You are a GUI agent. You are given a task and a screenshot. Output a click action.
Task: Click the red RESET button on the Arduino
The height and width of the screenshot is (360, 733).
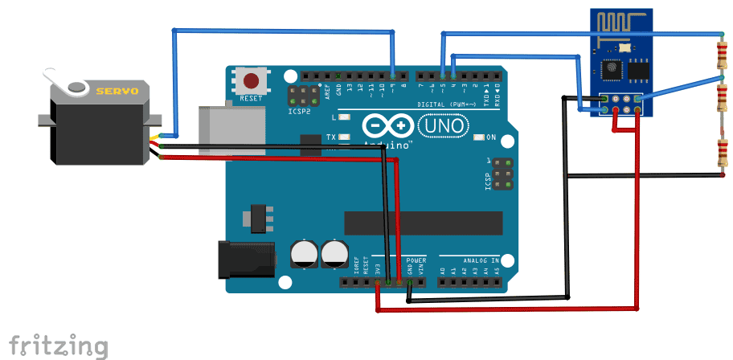(252, 82)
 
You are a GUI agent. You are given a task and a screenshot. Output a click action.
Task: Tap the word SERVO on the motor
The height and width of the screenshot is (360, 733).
(117, 92)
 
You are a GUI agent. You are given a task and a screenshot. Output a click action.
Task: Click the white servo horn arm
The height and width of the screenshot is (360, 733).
(64, 82)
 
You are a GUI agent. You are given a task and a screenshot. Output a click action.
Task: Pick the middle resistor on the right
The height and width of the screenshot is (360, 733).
(720, 101)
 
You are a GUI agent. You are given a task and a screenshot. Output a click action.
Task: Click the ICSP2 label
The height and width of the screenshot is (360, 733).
(298, 112)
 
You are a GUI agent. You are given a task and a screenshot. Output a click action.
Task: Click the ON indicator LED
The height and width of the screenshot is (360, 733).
(480, 137)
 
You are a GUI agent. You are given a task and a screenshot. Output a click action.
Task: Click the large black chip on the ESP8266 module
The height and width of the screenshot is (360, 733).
(638, 71)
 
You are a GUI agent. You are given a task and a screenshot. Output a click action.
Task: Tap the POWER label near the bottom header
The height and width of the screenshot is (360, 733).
(416, 261)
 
